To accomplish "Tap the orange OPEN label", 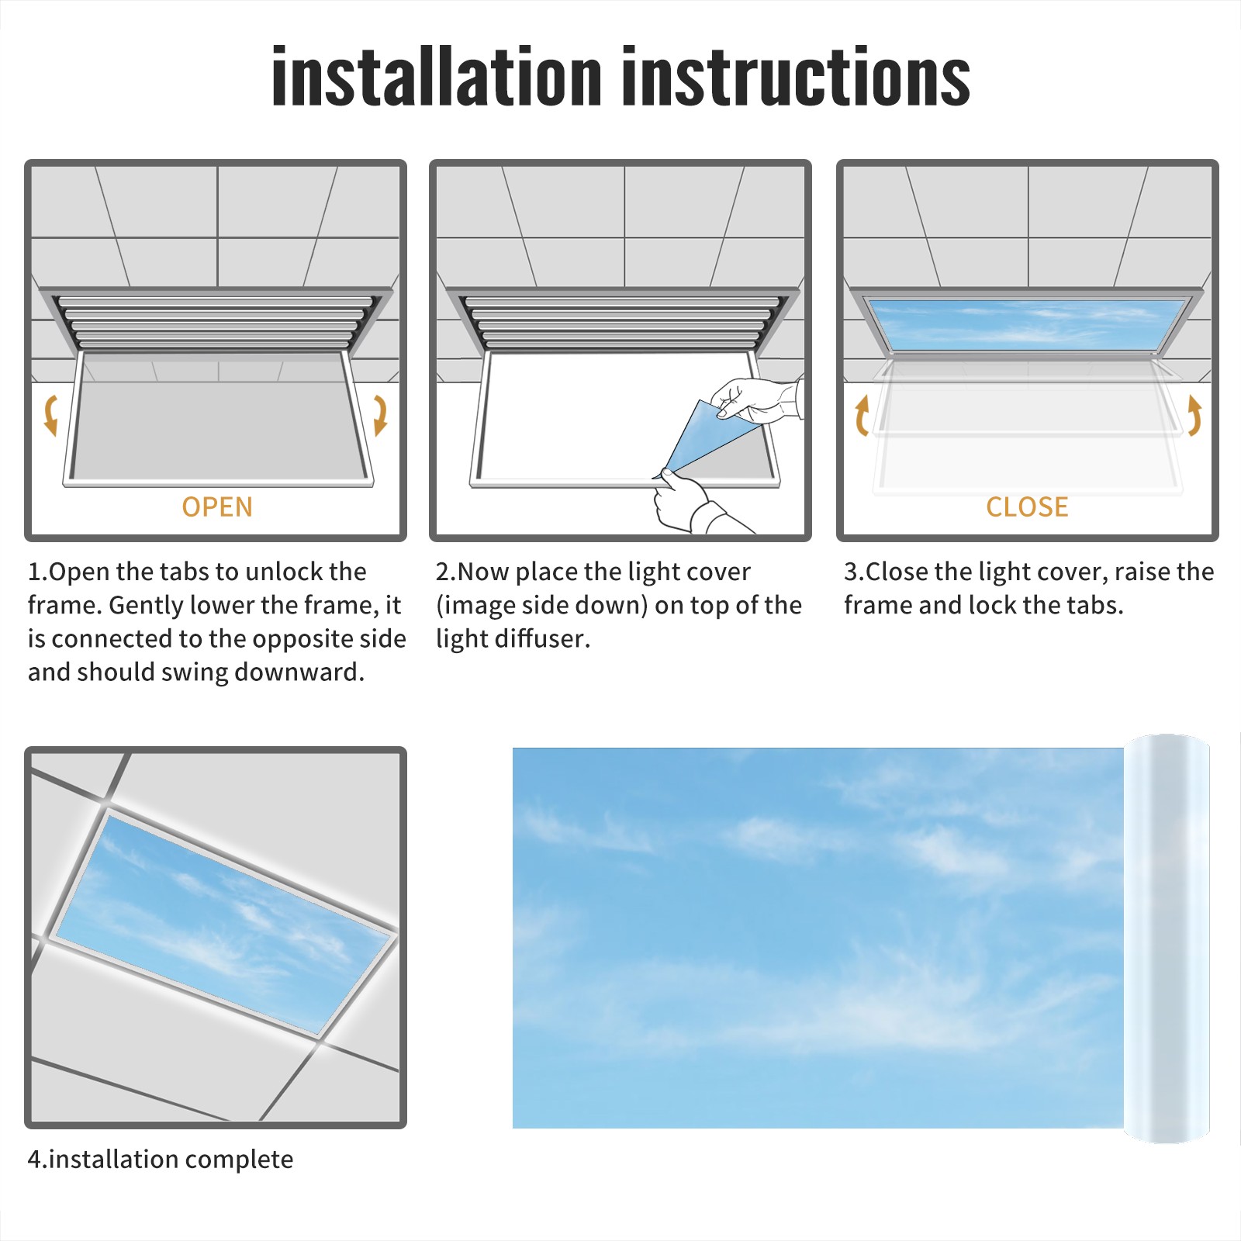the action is click(x=217, y=506).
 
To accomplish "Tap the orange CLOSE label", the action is click(x=1027, y=506).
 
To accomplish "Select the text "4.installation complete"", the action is click(x=161, y=1159).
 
